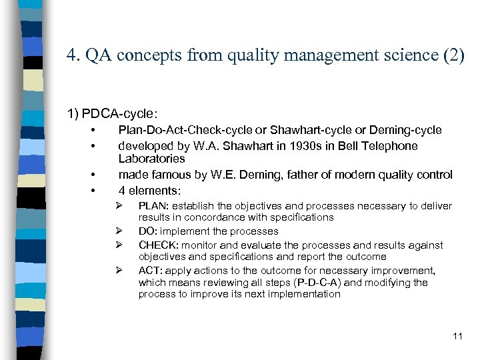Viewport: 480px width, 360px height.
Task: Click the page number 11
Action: pyautogui.click(x=457, y=335)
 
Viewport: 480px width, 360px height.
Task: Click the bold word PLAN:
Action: pyautogui.click(x=154, y=206)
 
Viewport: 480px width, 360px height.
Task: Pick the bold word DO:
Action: pyautogui.click(x=149, y=231)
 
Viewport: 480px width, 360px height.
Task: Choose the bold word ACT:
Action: pyautogui.click(x=151, y=270)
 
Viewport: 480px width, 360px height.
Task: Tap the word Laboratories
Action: pyautogui.click(x=151, y=159)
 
